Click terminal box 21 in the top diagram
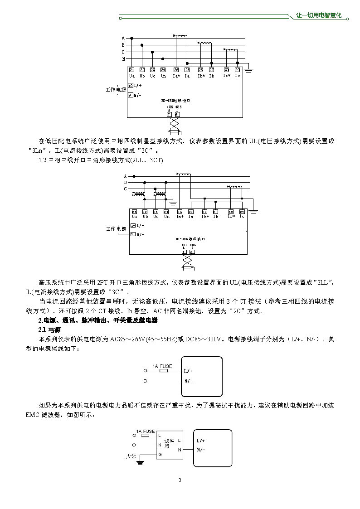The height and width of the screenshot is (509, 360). (x=131, y=69)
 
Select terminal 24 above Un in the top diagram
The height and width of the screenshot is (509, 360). (x=163, y=69)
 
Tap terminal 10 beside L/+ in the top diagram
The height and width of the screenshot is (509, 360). (x=130, y=85)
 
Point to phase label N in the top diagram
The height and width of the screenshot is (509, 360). (x=123, y=59)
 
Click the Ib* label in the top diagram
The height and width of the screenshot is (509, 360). (x=201, y=76)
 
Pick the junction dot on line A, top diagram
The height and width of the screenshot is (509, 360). (x=131, y=39)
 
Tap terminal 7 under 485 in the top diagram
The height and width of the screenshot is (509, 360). (x=169, y=114)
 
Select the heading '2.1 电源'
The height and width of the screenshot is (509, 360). (x=48, y=329)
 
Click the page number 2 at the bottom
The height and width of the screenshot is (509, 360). (x=180, y=480)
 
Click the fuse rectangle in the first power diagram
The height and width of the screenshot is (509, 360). (x=163, y=371)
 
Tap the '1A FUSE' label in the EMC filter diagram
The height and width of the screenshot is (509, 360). (x=146, y=431)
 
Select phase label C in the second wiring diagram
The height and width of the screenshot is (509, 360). (x=125, y=189)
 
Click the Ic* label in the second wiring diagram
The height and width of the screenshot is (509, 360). (x=231, y=216)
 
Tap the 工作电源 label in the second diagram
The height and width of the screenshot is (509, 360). (x=116, y=229)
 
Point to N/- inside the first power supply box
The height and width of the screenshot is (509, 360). (x=189, y=381)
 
